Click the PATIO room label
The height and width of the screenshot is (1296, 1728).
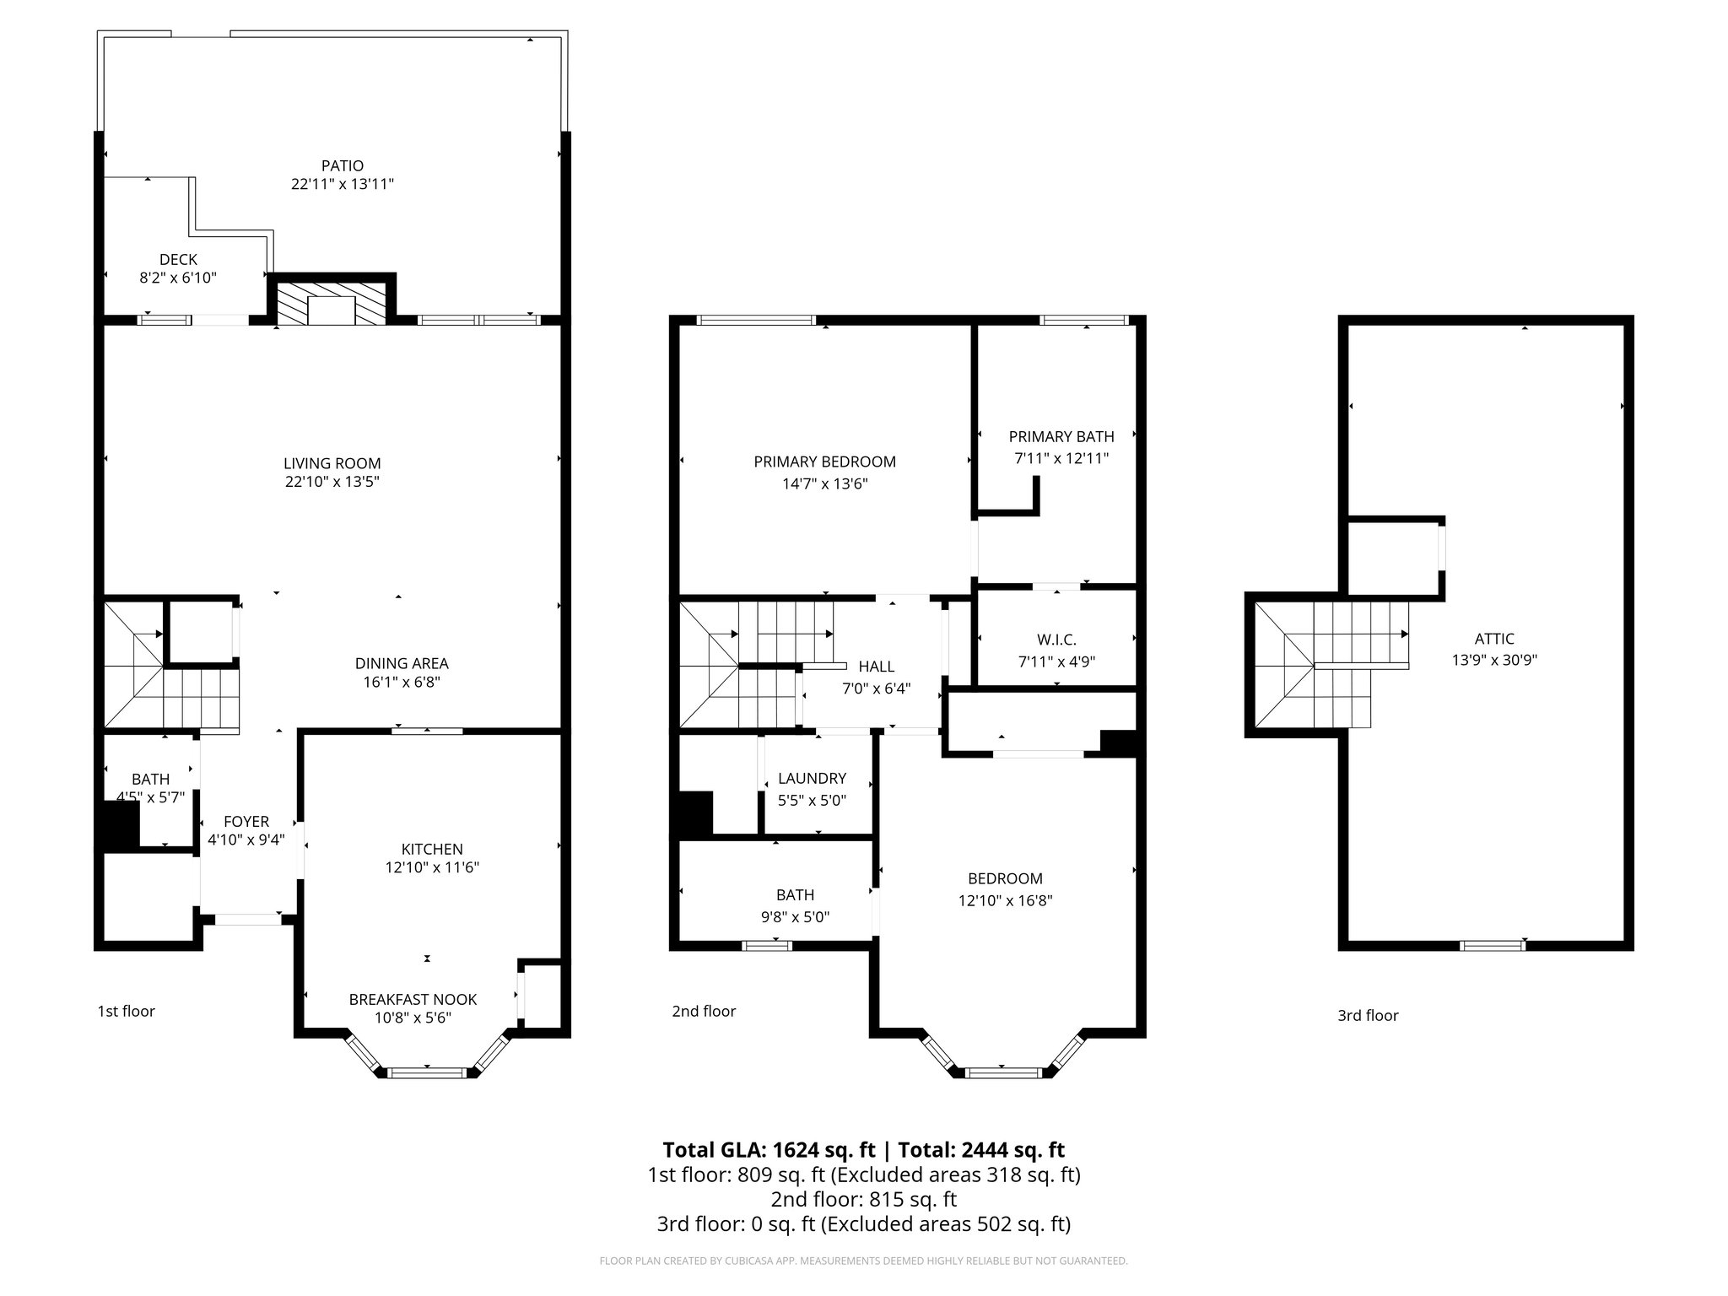point(342,165)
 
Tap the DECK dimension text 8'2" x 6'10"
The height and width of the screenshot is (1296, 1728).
point(178,278)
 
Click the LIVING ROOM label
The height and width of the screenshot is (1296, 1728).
point(332,463)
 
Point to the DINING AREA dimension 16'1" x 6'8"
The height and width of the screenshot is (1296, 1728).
point(401,683)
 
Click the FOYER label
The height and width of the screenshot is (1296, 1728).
point(246,821)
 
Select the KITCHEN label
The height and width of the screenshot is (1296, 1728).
point(431,849)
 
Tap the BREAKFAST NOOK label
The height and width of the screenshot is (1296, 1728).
point(413,999)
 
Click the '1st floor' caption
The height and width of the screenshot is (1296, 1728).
point(126,1011)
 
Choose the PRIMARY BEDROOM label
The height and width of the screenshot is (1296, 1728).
point(824,462)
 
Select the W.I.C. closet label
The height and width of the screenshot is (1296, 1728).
point(1056,640)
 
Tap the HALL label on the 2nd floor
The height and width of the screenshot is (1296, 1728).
point(876,667)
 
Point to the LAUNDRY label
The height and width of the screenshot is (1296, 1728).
point(812,778)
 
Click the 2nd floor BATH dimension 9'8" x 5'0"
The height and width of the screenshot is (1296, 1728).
point(795,917)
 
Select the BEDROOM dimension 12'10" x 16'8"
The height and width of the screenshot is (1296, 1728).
point(1005,900)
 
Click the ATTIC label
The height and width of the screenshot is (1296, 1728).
point(1493,639)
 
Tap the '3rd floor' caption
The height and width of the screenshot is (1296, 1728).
point(1367,1016)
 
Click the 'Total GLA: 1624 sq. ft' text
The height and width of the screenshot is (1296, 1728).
point(769,1149)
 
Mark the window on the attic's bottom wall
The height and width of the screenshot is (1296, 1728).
point(1492,946)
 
